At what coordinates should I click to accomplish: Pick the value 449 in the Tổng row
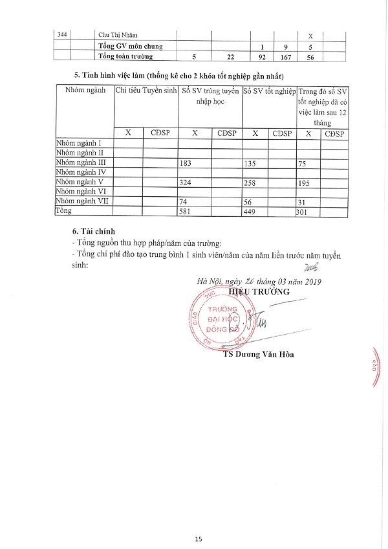(x=250, y=211)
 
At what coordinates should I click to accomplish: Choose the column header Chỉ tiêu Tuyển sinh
(x=145, y=91)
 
